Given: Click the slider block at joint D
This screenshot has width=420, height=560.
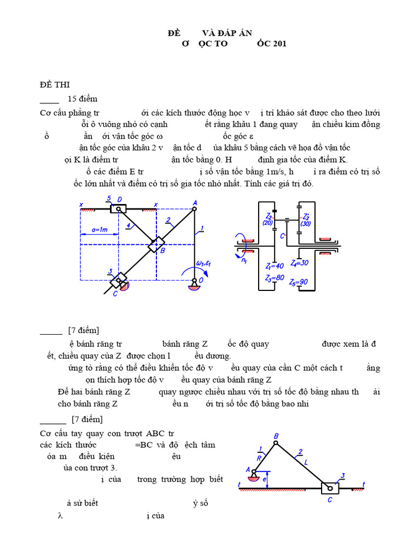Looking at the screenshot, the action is [x=118, y=208].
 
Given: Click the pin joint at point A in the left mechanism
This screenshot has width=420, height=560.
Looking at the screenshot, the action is [x=195, y=208].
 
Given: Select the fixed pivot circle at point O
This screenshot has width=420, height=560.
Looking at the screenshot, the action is [x=194, y=282].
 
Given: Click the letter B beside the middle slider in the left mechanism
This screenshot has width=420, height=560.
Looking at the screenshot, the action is [x=162, y=250].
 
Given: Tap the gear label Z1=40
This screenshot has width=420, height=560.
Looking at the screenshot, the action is [x=274, y=266].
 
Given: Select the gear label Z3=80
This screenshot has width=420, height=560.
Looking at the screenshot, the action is [x=274, y=278].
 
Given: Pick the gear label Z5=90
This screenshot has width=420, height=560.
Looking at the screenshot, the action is [x=302, y=282].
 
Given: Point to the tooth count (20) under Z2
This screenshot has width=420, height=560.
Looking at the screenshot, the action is [x=267, y=223].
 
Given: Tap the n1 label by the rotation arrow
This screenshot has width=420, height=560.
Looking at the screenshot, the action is [x=244, y=260].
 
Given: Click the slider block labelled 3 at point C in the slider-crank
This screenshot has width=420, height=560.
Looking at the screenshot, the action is [x=330, y=488].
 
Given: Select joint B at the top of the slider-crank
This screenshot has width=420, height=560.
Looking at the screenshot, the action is [x=276, y=442].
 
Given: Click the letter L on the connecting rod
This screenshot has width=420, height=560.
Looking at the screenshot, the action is [x=306, y=463].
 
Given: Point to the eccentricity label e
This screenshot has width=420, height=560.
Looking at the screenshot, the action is [x=266, y=480].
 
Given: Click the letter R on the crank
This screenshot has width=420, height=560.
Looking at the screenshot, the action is [x=258, y=459].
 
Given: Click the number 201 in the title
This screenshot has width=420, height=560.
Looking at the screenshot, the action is [x=278, y=44].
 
